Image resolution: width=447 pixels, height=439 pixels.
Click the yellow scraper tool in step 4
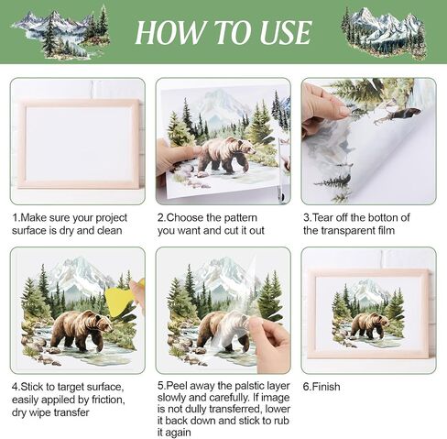click(x=118, y=299)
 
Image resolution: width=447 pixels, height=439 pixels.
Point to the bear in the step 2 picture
click(x=225, y=155)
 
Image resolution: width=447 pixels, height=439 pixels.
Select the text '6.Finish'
click(x=322, y=387)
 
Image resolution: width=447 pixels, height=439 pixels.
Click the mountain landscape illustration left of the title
click(x=61, y=32)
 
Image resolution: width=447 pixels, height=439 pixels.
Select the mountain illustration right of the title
click(x=384, y=33)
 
